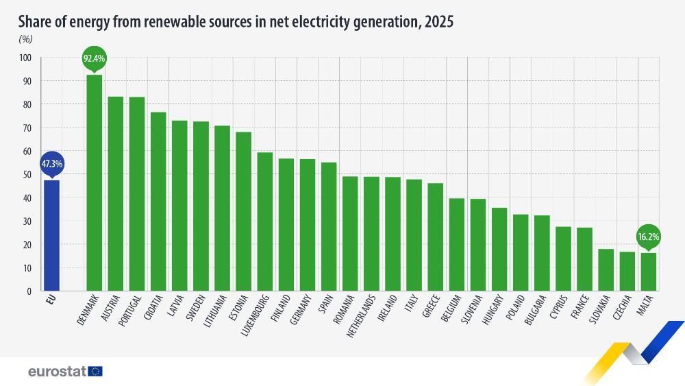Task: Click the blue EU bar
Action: pyautogui.click(x=51, y=235)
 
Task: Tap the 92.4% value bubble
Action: pyautogui.click(x=94, y=59)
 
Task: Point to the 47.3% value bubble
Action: pyautogui.click(x=51, y=165)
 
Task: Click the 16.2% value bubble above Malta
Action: pyautogui.click(x=648, y=237)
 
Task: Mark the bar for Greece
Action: pyautogui.click(x=435, y=237)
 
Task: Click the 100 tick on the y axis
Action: pyautogui.click(x=25, y=58)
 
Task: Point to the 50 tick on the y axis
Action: pyautogui.click(x=27, y=175)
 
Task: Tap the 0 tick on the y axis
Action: pyautogui.click(x=29, y=291)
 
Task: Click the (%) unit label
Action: pyautogui.click(x=26, y=40)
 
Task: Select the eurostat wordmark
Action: pyautogui.click(x=57, y=372)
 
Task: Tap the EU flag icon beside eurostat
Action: pyautogui.click(x=95, y=372)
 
